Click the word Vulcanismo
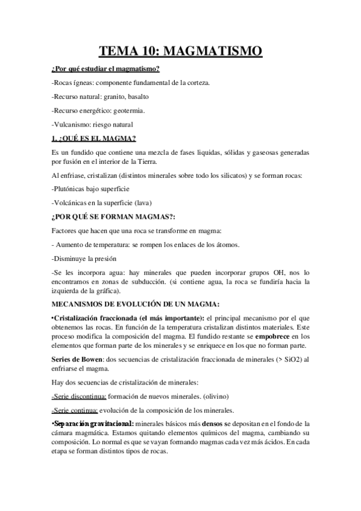point(73,125)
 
